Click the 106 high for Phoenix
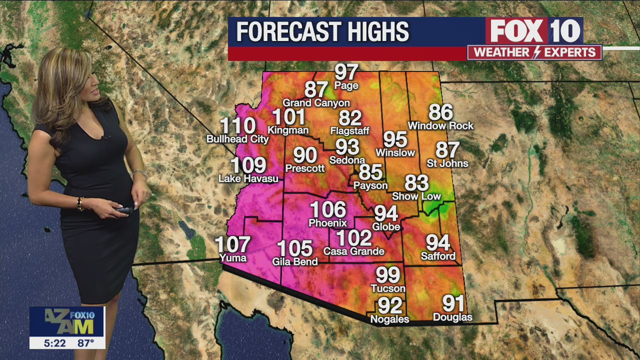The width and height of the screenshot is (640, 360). pos(328,210)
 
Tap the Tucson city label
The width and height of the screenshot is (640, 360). pos(388,288)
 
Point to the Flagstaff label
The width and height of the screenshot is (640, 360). pos(350,131)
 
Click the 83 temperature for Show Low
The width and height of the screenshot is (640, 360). pos(416,183)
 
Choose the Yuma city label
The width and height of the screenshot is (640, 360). pos(233,258)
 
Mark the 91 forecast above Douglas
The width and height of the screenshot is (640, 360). pos(453,303)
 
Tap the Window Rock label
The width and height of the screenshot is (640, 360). pos(440,125)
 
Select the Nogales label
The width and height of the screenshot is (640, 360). pos(389,318)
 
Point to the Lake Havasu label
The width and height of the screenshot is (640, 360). pos(248,178)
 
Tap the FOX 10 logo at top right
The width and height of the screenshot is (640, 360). pos(534,31)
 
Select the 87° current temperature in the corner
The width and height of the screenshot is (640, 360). pos(85,343)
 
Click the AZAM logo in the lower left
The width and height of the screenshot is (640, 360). pos(67,321)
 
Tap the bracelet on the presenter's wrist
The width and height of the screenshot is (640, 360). pos(79,203)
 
